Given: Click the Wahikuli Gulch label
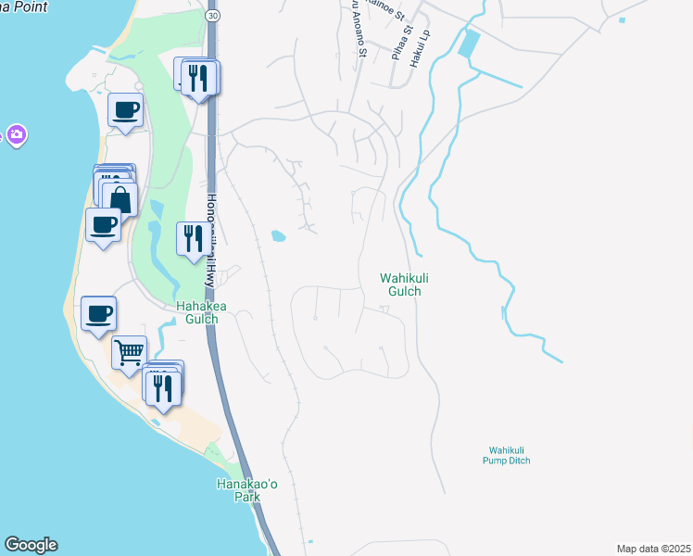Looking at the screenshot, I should pyautogui.click(x=400, y=284).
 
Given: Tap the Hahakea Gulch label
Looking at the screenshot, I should pyautogui.click(x=196, y=312).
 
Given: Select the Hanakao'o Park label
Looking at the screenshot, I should pyautogui.click(x=238, y=490).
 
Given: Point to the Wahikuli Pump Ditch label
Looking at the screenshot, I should pyautogui.click(x=506, y=455).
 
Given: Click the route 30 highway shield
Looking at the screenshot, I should pyautogui.click(x=214, y=17).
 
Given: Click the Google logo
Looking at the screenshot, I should pyautogui.click(x=31, y=545).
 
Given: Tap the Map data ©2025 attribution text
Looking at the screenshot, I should pyautogui.click(x=652, y=549).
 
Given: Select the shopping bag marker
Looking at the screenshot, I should pyautogui.click(x=120, y=198).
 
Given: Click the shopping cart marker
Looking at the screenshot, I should pyautogui.click(x=129, y=352).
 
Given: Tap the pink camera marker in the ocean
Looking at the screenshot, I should pyautogui.click(x=16, y=136).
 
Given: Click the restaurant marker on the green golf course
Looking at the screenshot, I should pyautogui.click(x=192, y=239).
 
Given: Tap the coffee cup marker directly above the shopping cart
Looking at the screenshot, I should pyautogui.click(x=99, y=312).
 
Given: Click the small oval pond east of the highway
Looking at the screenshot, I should pyautogui.click(x=278, y=236).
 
